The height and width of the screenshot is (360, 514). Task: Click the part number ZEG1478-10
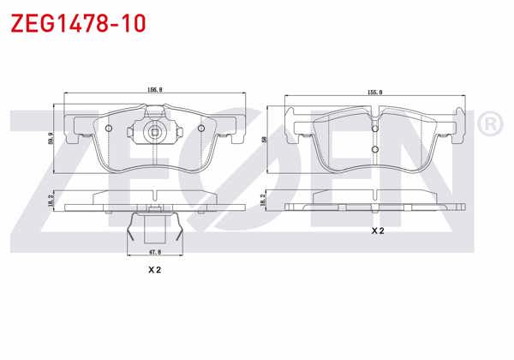click(x=77, y=22)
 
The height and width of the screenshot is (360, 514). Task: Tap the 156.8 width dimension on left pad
click(x=154, y=88)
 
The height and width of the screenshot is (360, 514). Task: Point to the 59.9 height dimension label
click(x=52, y=137)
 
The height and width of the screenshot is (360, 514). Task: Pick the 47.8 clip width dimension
click(x=154, y=252)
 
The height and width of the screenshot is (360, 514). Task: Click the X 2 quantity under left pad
click(x=154, y=270)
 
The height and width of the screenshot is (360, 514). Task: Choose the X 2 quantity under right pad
click(x=378, y=231)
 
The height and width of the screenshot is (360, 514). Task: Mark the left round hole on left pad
click(x=109, y=129)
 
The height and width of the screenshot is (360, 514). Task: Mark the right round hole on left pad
click(x=200, y=129)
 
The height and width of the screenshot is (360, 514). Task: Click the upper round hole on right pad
click(x=375, y=126)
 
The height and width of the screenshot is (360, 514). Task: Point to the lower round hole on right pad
click(x=375, y=151)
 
